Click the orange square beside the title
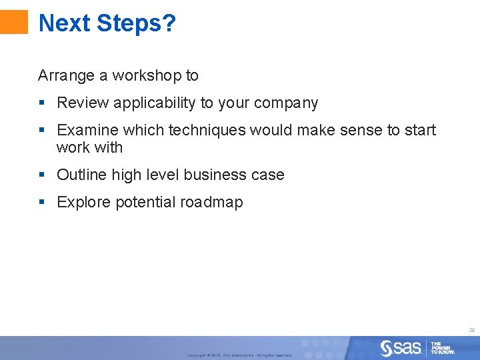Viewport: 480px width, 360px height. point(14,22)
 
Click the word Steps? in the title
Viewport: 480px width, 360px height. point(136,23)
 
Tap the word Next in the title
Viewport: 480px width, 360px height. point(65,23)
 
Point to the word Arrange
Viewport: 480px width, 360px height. point(66,76)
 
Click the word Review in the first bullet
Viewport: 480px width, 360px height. point(79,103)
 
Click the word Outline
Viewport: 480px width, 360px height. point(82,175)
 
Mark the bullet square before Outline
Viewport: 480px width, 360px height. point(42,175)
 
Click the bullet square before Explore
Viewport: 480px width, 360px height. point(42,202)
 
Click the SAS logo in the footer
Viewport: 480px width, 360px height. point(401,347)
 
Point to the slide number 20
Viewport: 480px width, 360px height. point(471,330)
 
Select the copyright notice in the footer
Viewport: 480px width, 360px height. point(239,355)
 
